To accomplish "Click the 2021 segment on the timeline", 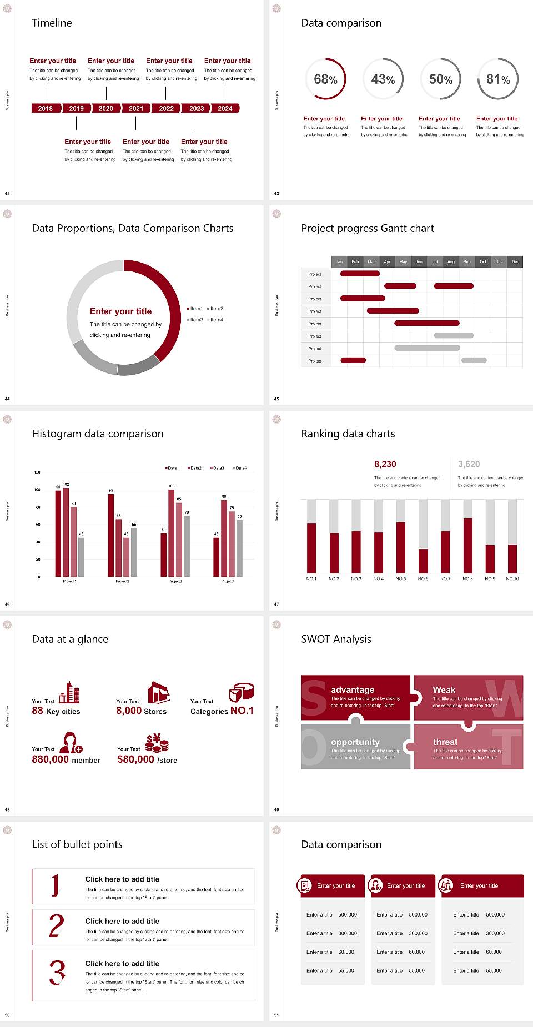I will point(136,108).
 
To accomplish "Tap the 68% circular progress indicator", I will point(325,79).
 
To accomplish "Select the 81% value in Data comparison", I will point(498,79).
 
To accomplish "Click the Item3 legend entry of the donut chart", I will point(195,320).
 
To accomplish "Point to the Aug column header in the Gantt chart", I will point(451,261).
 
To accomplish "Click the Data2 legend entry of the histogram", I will point(194,468).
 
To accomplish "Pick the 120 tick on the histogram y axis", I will point(37,472).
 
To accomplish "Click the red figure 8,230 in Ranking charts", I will point(385,464).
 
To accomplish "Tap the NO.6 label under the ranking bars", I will point(423,578).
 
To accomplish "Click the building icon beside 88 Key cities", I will point(69,692).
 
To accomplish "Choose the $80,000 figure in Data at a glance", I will point(135,759).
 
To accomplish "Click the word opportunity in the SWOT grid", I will point(355,742).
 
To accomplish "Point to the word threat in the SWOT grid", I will point(445,742).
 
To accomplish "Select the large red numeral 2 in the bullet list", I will point(56,926).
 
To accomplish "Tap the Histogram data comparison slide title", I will point(98,434).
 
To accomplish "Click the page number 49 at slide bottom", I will point(276,809).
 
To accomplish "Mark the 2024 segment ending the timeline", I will point(225,108).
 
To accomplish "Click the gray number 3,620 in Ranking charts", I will point(469,464).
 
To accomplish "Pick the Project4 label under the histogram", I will point(228,581).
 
